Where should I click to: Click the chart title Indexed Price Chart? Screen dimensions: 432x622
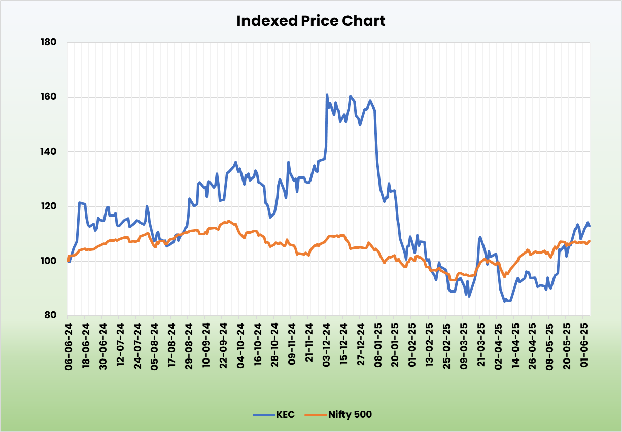tap(310, 21)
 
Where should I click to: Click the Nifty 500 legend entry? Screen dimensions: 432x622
tap(350, 415)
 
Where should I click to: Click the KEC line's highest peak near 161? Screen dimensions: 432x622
tap(327, 95)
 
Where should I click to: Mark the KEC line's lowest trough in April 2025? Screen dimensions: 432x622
tap(505, 301)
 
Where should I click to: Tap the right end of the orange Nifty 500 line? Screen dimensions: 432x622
tap(589, 241)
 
